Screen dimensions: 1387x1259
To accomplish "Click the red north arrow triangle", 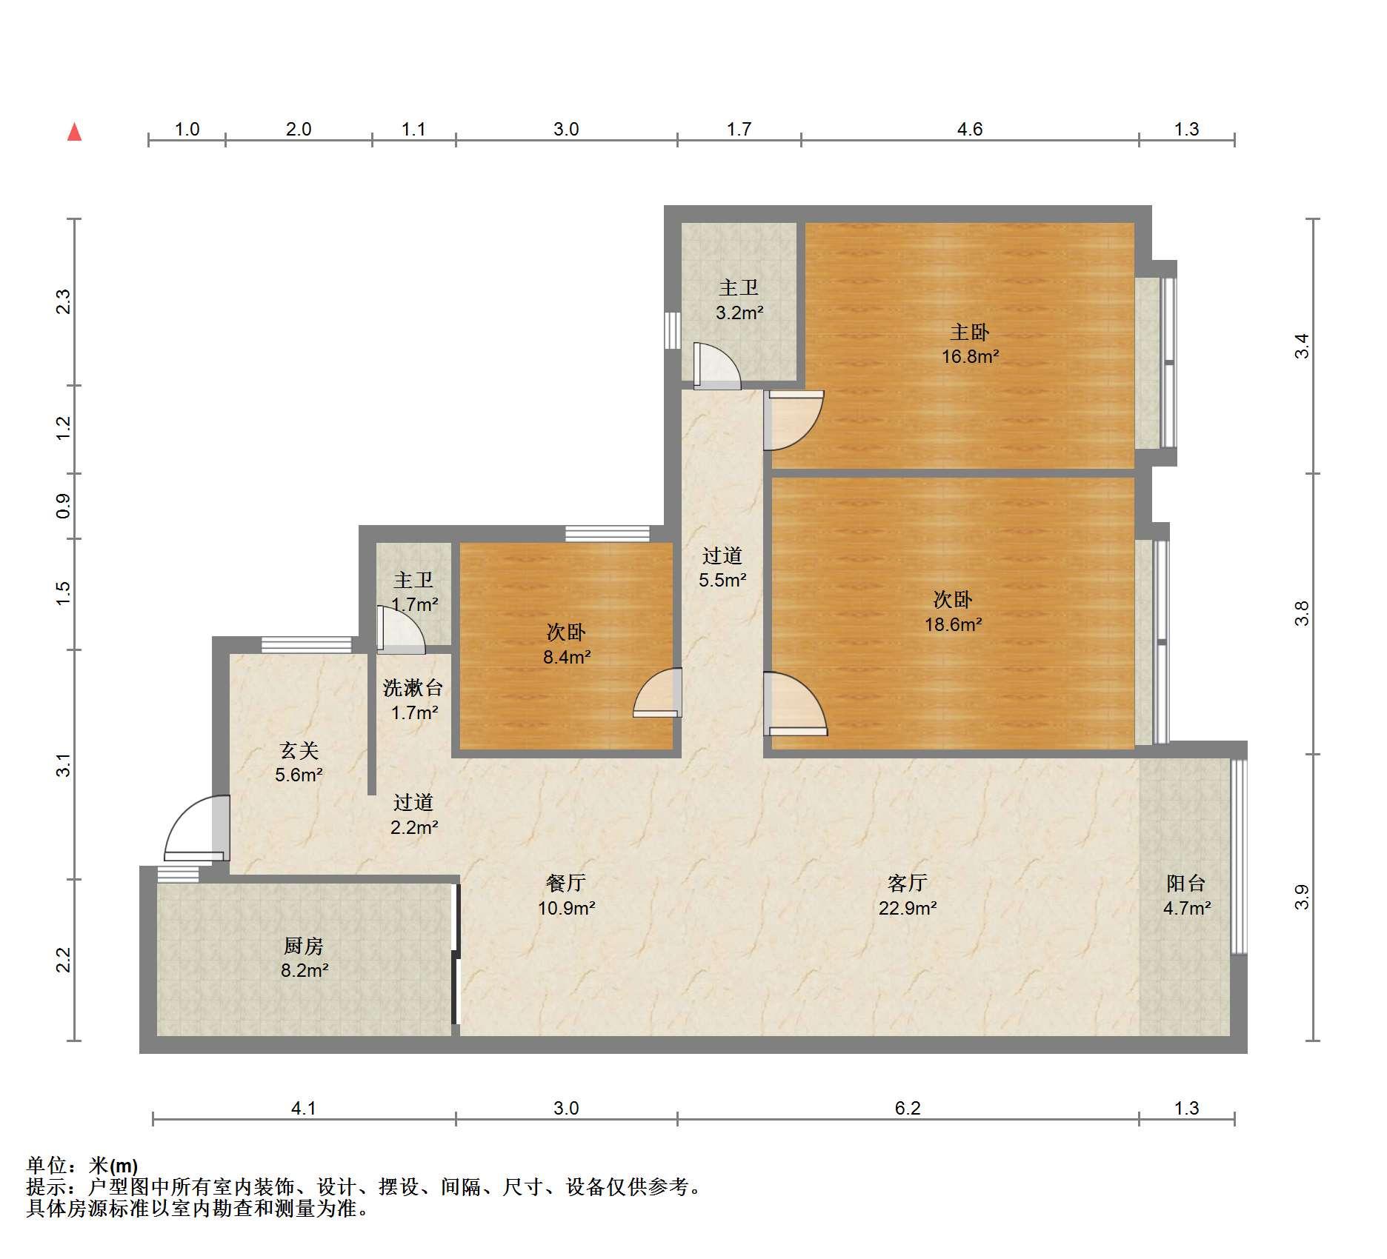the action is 74,132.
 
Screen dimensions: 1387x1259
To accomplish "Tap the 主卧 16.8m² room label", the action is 970,344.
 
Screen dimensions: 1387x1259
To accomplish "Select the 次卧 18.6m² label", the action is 953,611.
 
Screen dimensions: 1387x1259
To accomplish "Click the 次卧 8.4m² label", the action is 567,644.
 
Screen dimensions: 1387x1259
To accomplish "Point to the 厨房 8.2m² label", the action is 304,958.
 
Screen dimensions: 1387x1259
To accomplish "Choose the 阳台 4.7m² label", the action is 1187,895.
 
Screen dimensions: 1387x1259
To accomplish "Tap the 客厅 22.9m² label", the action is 908,895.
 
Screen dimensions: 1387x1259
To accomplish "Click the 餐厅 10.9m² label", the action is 567,895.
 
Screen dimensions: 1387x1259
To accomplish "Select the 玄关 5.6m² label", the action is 299,762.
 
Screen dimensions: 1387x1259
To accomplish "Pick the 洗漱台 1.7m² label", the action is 413,700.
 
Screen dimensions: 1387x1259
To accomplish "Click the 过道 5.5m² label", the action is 722,567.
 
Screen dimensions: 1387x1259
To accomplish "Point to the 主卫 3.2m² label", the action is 739,300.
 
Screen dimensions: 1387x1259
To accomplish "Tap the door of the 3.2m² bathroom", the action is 716,366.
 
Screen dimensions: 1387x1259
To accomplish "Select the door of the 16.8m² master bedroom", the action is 794,420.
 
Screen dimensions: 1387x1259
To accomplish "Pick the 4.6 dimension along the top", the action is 969,130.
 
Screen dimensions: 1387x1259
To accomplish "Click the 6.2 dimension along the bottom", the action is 908,1108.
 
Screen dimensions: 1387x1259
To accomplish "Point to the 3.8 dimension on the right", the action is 1302,614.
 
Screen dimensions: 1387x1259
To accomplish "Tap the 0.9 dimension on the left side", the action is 64,506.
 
